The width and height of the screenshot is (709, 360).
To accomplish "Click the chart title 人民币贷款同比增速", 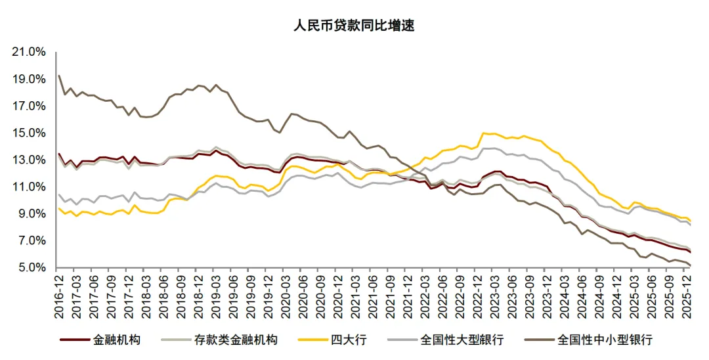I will [354, 26].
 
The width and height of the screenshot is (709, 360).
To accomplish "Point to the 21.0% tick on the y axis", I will [30, 52].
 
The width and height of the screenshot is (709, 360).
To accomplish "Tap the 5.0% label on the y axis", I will [32, 267].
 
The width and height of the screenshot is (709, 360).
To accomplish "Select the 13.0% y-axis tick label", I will [30, 160].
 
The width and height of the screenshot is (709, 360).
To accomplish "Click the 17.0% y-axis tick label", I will [30, 106].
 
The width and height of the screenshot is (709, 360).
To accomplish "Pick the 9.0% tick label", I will [32, 214].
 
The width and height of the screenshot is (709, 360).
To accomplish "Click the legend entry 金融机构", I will [116, 340].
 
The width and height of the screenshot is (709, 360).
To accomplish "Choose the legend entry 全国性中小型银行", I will [604, 340].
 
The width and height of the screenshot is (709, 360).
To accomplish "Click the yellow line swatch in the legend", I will [314, 340].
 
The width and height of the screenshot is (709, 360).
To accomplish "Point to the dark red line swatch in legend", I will [74, 340].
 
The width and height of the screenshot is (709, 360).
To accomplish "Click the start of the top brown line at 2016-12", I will [59, 76].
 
